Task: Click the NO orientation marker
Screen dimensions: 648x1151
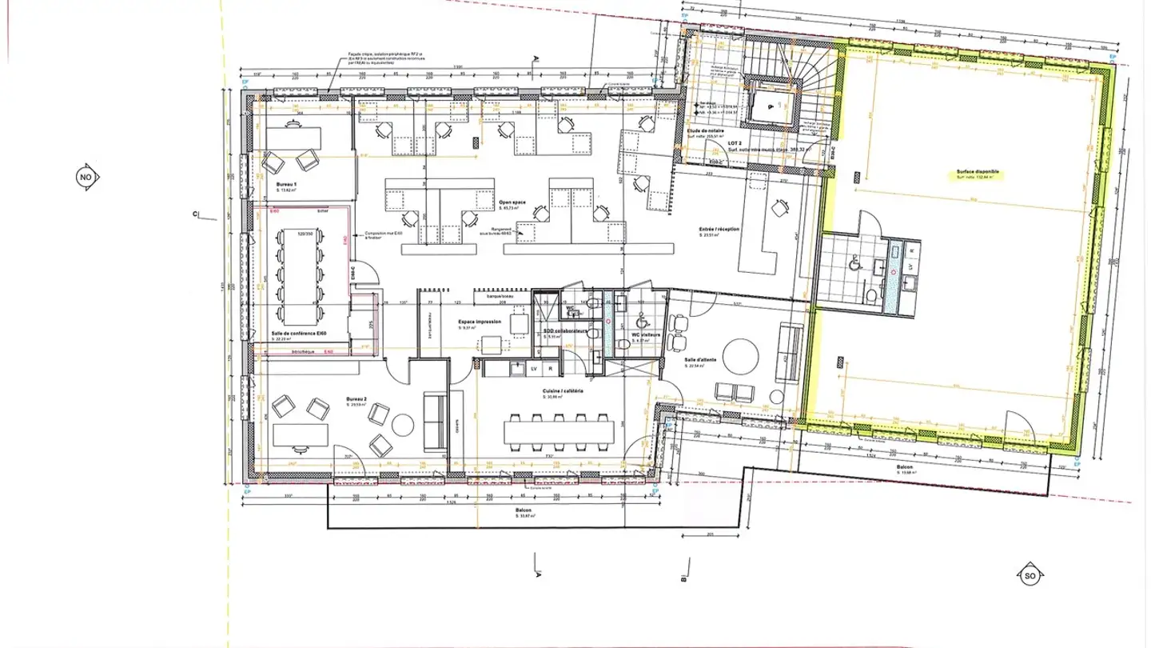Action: tap(86, 178)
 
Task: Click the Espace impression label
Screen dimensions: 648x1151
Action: tap(480, 322)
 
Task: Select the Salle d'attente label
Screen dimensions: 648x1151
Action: tap(701, 359)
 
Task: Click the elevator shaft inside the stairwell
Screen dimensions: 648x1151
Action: tap(769, 102)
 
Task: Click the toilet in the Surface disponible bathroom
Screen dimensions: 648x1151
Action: tap(870, 295)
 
